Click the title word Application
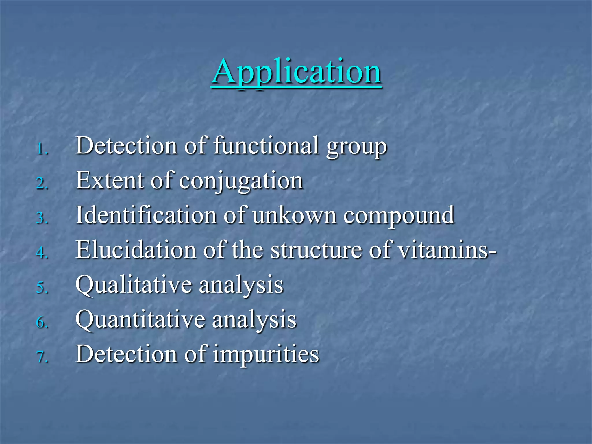(296, 72)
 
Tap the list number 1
(42, 149)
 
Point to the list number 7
(42, 357)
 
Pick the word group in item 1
(356, 147)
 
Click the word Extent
(110, 180)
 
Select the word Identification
(146, 215)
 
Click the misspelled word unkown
(294, 215)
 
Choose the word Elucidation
(136, 250)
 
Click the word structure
(316, 250)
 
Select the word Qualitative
(134, 285)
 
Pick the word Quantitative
(140, 320)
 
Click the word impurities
(266, 355)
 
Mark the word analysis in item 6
(254, 320)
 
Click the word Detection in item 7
(126, 354)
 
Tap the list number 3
(42, 218)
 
